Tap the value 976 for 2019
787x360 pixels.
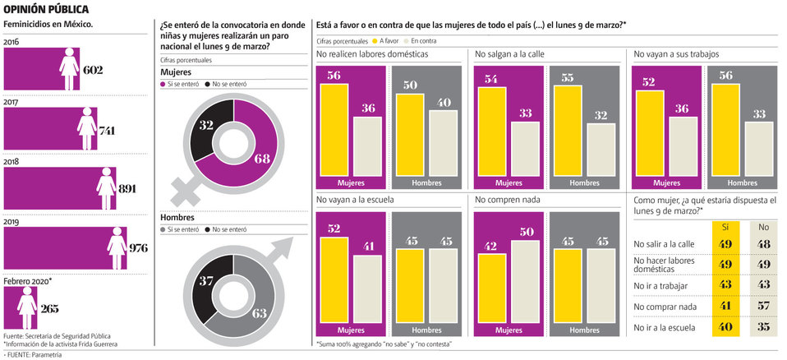pos(136,249)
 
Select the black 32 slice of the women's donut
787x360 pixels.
pos(205,132)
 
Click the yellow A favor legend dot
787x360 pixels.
pos(375,40)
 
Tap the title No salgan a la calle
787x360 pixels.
pos(509,54)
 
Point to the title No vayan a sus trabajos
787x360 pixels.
pos(676,54)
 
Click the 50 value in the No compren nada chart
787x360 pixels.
pos(527,231)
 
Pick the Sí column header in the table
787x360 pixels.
pos(725,226)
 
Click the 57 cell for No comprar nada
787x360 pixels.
pos(764,306)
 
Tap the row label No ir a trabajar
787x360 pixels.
pos(661,285)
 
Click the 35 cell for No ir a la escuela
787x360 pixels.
pos(764,327)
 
